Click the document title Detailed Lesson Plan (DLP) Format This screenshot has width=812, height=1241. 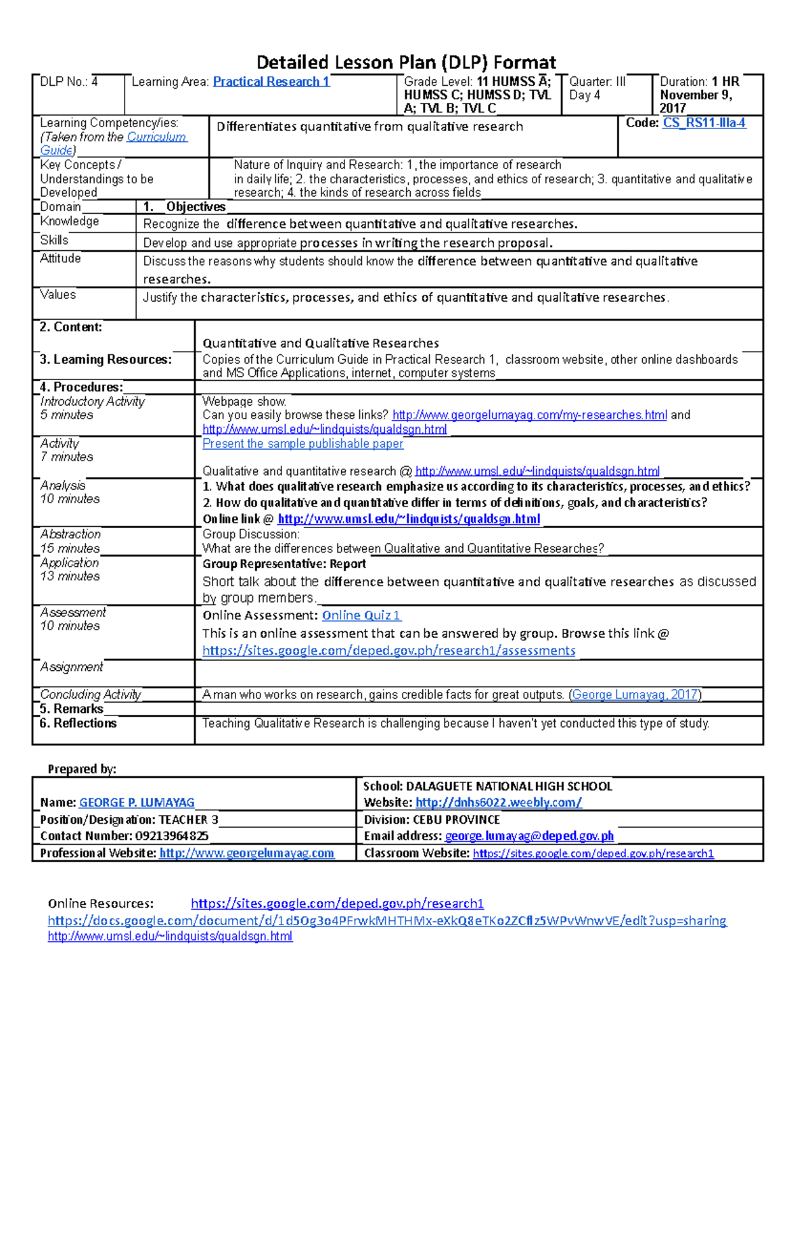coord(406,62)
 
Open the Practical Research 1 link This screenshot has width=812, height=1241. coord(271,82)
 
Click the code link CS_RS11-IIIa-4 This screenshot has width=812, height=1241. coord(704,123)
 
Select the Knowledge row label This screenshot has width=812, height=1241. coord(70,221)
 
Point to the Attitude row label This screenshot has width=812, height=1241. coord(60,258)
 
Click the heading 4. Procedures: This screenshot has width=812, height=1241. coord(81,387)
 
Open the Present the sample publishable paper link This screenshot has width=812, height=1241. coord(302,444)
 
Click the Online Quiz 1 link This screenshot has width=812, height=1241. coord(361,615)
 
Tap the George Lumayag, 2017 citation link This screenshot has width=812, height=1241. coord(635,695)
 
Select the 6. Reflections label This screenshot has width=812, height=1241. coord(78,723)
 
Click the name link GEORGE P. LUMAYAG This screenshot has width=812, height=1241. coord(137,802)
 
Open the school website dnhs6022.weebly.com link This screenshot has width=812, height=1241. coord(498,802)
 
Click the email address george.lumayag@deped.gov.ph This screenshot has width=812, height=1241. coord(529,836)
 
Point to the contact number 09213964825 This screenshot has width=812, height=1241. coord(172,836)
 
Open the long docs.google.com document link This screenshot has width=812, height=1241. coord(387,920)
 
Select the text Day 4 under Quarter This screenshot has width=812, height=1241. coord(585,95)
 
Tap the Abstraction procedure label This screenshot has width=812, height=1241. coord(70,534)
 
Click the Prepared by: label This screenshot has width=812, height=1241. coord(82,769)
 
